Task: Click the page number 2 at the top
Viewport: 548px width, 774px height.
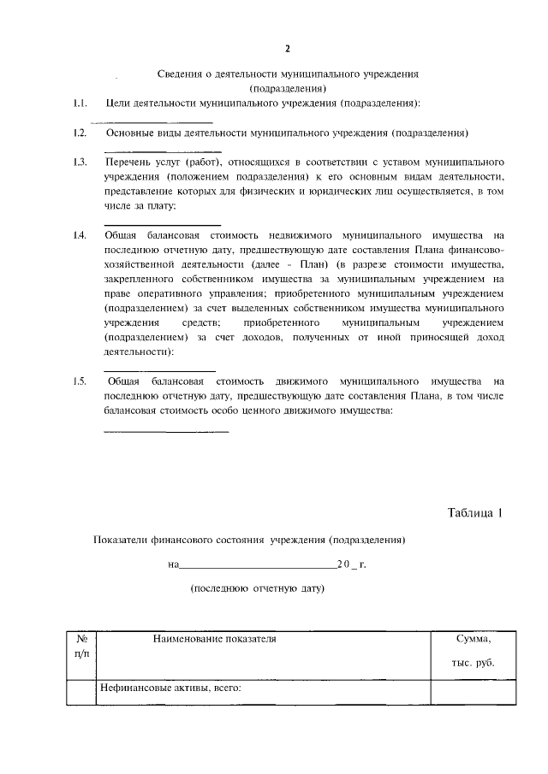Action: click(288, 48)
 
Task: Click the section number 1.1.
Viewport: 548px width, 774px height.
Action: click(80, 103)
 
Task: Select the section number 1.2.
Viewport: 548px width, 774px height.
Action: click(80, 133)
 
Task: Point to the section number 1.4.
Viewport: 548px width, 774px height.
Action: click(80, 235)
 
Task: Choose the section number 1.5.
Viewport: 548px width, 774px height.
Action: click(80, 381)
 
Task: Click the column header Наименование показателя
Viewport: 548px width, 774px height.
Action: click(215, 639)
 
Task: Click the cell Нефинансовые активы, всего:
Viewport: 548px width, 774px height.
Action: click(170, 687)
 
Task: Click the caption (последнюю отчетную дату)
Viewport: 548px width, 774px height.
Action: click(258, 589)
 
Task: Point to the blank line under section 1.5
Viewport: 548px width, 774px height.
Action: click(166, 430)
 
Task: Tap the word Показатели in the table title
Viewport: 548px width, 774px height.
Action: click(122, 541)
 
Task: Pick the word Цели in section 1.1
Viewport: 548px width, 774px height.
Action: click(116, 103)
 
